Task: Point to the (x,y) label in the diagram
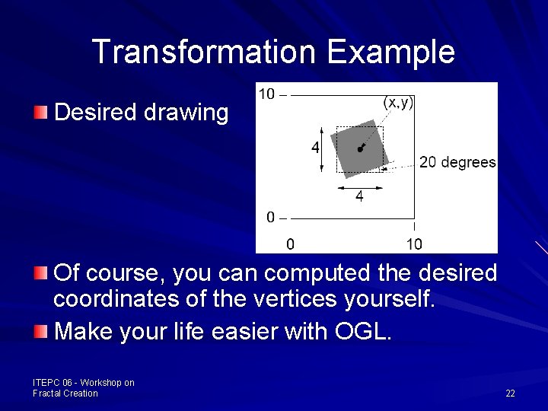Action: coord(398,102)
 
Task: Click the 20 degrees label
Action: coord(457,162)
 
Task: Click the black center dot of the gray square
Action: coord(359,150)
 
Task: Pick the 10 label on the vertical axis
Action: coord(267,94)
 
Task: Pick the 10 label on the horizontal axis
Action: coord(413,244)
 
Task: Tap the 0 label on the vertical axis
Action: coord(272,218)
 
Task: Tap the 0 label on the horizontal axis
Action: coord(289,244)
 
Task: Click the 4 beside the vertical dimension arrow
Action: coord(314,148)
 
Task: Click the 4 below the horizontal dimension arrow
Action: coord(359,196)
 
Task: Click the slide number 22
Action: coord(510,393)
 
